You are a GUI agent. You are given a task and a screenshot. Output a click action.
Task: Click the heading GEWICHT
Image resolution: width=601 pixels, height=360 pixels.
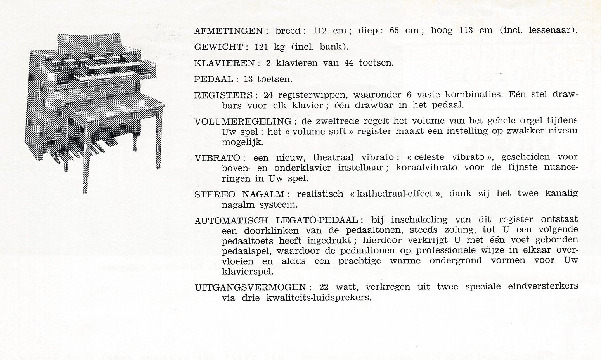tap(218, 47)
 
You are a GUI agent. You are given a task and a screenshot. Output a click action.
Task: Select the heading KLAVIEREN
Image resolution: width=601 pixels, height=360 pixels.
tap(224, 63)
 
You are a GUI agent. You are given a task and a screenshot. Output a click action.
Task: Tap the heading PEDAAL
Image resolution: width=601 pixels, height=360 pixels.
tap(214, 80)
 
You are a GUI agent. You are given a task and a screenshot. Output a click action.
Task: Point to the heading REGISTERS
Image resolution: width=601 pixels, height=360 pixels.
tap(223, 95)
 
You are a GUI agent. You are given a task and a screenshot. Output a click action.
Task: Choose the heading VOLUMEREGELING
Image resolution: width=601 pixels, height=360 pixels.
tap(243, 121)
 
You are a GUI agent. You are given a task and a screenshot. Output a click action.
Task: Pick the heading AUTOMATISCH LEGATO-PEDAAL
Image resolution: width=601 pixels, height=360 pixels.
tap(276, 220)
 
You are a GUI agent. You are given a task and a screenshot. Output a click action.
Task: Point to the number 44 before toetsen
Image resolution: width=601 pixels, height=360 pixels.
tap(349, 63)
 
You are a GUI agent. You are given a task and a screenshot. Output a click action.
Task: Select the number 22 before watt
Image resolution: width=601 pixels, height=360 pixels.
tap(324, 287)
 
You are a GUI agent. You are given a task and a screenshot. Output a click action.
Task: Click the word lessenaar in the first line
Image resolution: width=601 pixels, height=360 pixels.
tap(551, 31)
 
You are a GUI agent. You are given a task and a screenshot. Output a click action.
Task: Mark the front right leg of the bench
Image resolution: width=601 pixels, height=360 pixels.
tap(158, 140)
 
